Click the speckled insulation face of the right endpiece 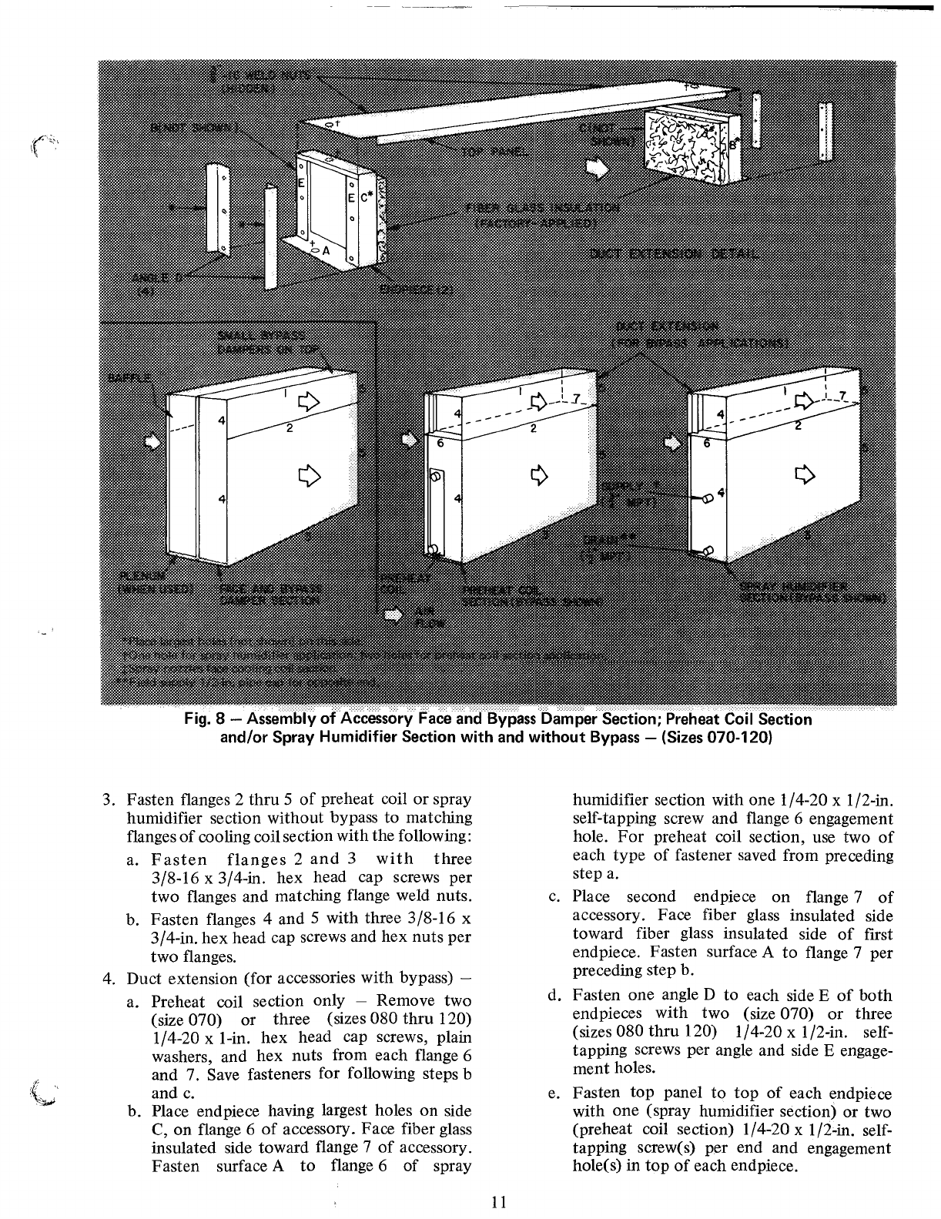tap(683, 146)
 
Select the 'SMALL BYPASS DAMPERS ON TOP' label tap(263, 340)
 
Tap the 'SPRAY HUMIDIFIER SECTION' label tap(812, 592)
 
